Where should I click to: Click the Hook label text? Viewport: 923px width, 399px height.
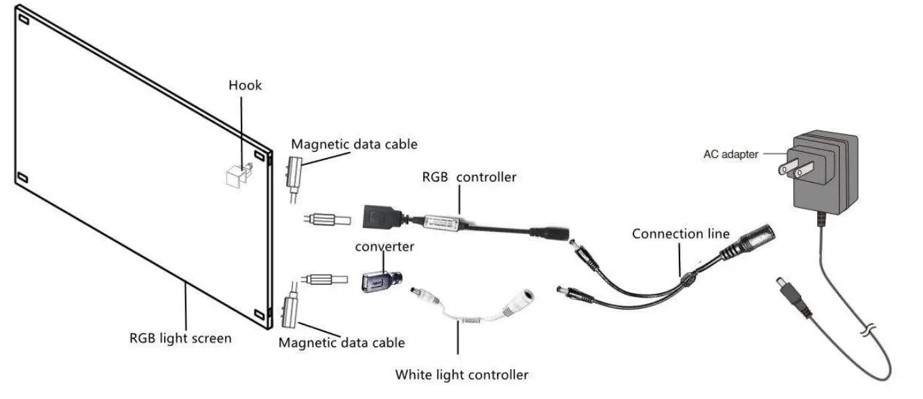click(x=245, y=85)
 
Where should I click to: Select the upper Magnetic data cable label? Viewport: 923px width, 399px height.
click(x=354, y=144)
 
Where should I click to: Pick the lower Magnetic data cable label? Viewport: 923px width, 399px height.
click(x=342, y=343)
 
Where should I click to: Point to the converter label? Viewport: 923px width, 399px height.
click(x=385, y=246)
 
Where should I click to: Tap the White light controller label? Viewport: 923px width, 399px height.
click(x=461, y=374)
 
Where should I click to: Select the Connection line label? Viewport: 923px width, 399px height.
click(x=681, y=233)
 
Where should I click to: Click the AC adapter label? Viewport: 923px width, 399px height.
click(x=730, y=154)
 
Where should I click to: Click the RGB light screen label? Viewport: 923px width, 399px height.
click(x=180, y=337)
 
